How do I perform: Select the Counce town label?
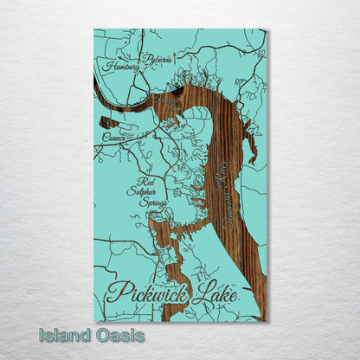point(113,137)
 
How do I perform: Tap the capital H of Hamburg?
point(104,64)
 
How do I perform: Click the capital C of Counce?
point(104,137)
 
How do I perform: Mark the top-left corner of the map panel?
point(94,29)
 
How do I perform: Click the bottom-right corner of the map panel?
point(267,321)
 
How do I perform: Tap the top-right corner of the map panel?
point(267,29)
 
